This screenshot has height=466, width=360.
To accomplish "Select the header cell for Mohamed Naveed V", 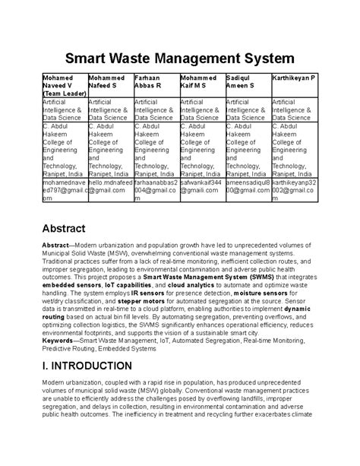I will pyautogui.click(x=64, y=86).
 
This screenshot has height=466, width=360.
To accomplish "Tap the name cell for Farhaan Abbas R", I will pyautogui.click(x=156, y=82).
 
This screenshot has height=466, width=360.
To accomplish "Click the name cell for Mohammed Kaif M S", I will pyautogui.click(x=201, y=82).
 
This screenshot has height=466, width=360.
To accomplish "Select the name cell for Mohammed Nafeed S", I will pyautogui.click(x=110, y=82).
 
